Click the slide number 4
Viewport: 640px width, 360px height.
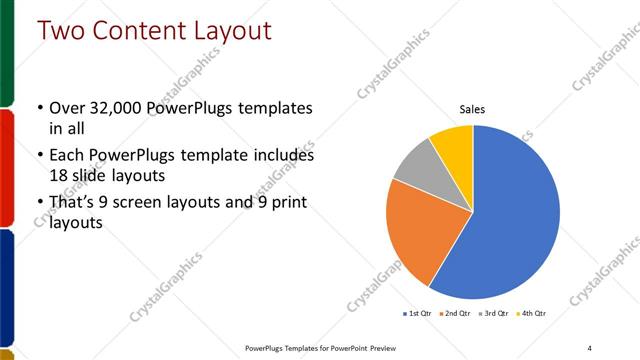point(589,347)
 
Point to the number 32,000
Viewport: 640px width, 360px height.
point(119,108)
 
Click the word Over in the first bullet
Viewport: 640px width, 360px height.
point(68,108)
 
